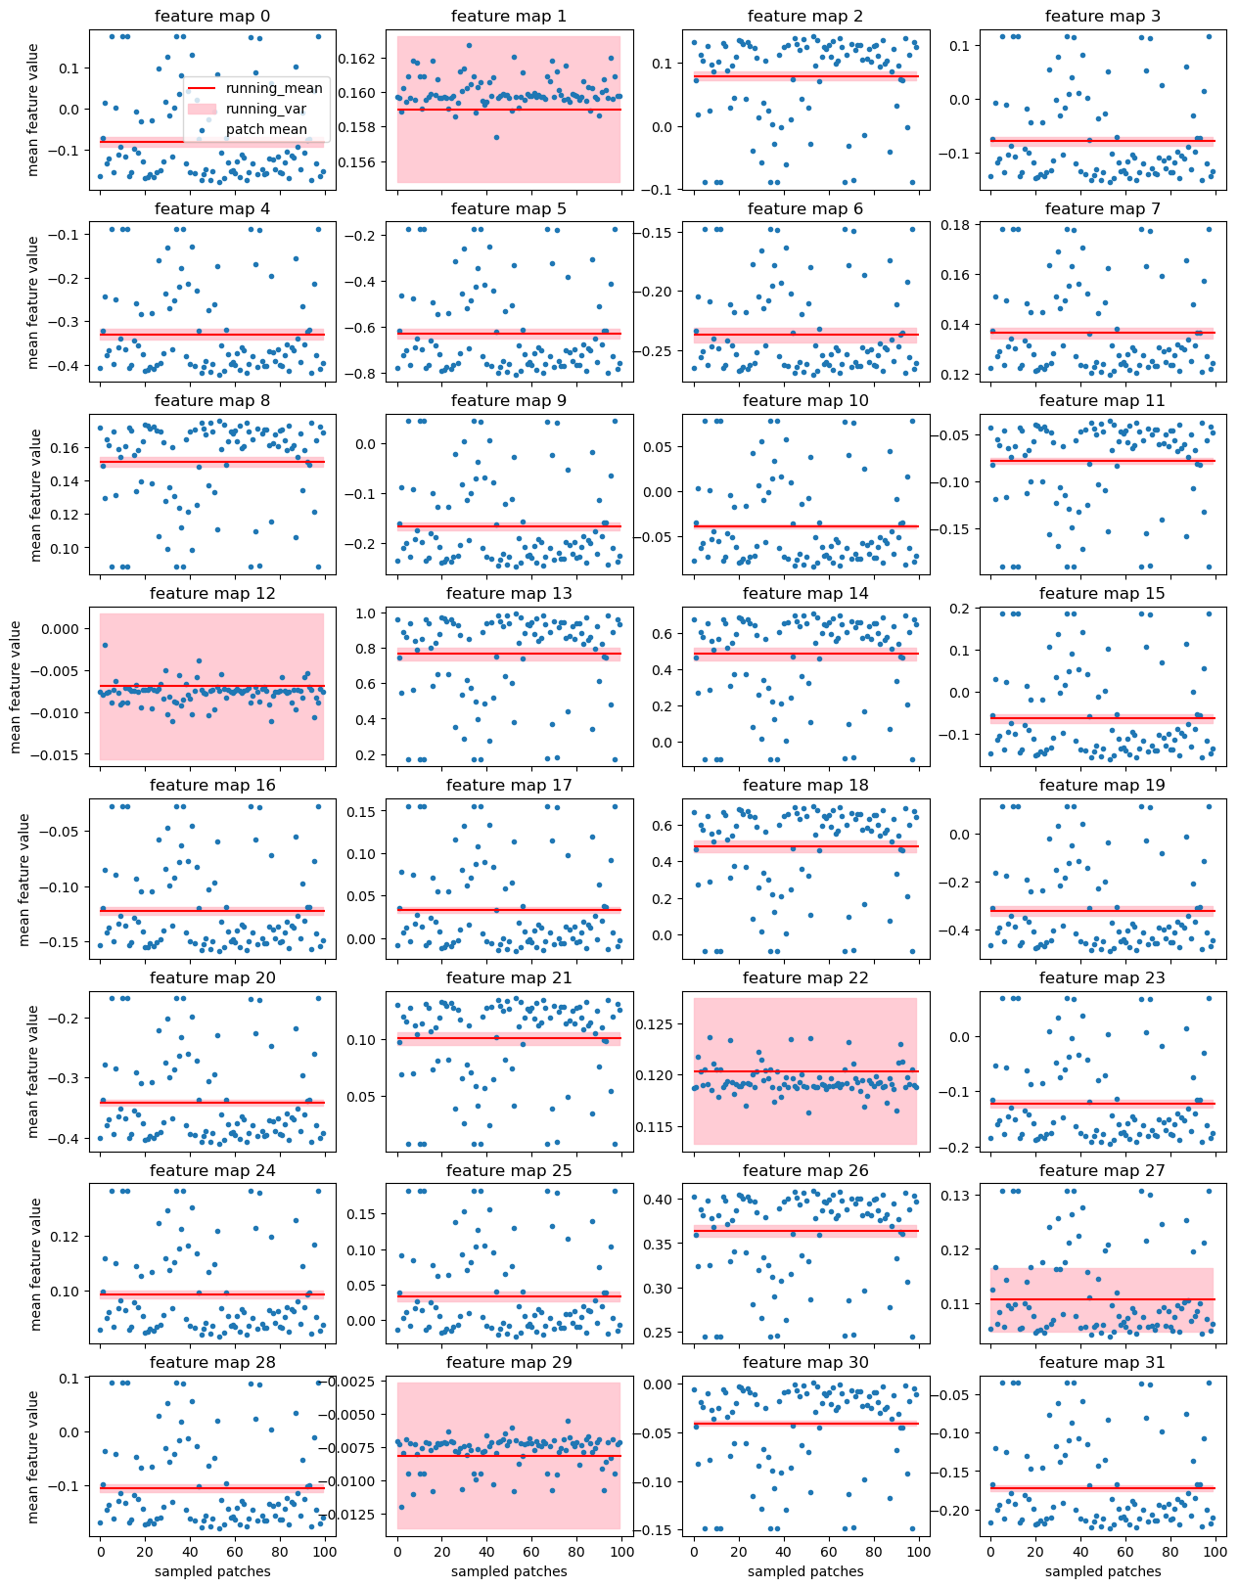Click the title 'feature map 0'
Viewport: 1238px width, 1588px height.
click(212, 17)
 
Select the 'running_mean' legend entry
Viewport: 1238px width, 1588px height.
click(274, 89)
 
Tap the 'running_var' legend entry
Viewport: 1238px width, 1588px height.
click(273, 110)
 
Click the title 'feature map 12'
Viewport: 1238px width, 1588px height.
click(212, 594)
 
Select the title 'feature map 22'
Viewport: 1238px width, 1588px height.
click(805, 978)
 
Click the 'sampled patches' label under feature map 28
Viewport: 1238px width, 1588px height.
click(212, 1571)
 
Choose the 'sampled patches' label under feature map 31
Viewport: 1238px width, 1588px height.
click(1103, 1571)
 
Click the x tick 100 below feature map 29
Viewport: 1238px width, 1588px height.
click(620, 1552)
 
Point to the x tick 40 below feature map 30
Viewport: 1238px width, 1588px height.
click(783, 1552)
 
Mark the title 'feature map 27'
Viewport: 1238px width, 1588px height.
click(1103, 1171)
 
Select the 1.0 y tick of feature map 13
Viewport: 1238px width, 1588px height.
click(369, 614)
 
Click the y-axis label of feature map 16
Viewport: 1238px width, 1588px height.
click(25, 880)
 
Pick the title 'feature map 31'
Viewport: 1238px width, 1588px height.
click(1103, 1363)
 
